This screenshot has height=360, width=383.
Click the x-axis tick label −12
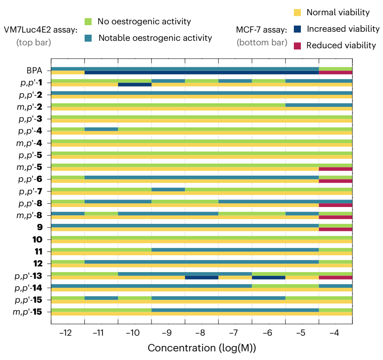pos(66,333)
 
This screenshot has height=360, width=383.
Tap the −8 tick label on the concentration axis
pos(200,333)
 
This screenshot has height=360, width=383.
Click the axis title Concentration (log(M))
pos(202,348)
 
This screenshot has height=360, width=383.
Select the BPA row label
pos(34,71)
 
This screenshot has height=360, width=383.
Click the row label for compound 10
pos(38,240)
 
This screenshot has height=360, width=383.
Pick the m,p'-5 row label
pos(29,167)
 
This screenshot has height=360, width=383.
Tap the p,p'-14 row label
pos(28,288)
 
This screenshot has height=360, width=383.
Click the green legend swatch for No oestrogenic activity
pos(88,21)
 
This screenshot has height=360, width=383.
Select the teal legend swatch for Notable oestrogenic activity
pos(88,38)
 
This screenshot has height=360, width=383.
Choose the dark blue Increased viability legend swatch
pos(297,29)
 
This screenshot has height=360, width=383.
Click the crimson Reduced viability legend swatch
pos(297,46)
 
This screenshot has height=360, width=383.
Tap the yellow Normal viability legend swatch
pos(297,12)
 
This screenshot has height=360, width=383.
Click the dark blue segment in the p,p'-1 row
pos(135,85)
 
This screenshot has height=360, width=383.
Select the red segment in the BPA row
pos(336,73)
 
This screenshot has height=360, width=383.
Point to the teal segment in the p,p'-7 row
pos(168,189)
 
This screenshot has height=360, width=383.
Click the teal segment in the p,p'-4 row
pos(101,129)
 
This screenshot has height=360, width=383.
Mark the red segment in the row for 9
pos(336,229)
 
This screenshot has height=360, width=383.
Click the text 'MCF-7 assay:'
pos(261,30)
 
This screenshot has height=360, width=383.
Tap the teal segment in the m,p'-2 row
pos(319,105)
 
